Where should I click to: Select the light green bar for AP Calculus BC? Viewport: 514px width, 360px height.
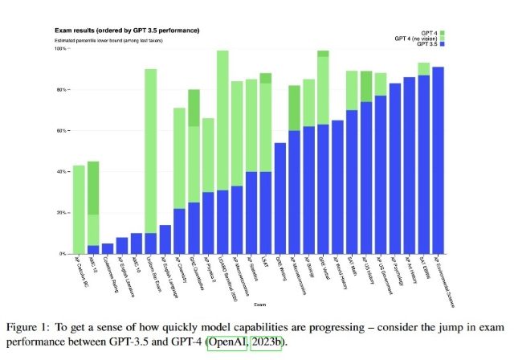click(79, 209)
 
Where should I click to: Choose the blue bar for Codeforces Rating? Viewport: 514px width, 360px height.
click(108, 248)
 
